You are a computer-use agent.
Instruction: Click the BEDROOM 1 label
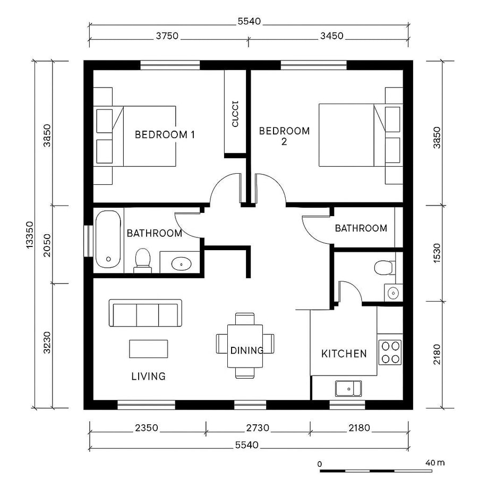click(165, 134)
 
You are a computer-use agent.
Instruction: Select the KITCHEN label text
click(344, 354)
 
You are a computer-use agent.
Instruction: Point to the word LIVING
click(148, 377)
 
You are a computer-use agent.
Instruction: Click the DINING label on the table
click(247, 351)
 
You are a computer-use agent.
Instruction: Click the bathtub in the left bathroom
click(109, 240)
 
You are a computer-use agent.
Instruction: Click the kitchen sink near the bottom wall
click(348, 388)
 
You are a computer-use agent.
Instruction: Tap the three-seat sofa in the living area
click(145, 313)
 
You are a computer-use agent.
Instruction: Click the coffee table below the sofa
click(148, 349)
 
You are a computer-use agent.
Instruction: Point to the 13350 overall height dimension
click(30, 235)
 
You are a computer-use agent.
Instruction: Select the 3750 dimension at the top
click(167, 37)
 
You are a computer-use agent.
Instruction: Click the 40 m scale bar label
click(435, 463)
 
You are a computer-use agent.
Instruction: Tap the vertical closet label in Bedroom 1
click(235, 113)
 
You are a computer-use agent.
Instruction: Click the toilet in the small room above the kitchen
click(383, 267)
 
